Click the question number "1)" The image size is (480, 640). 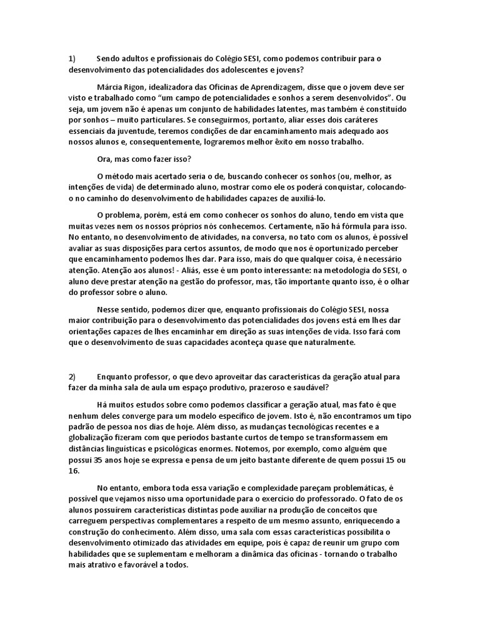point(72,59)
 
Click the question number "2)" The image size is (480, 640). point(72,377)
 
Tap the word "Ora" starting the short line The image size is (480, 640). point(105,159)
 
